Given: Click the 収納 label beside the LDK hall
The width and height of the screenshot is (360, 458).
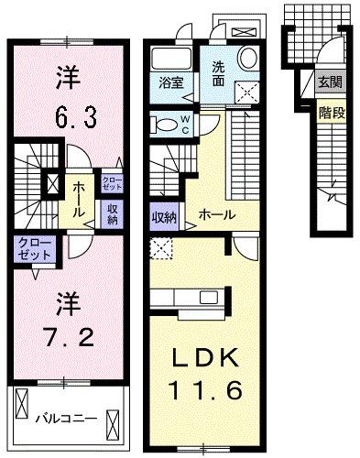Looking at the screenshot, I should (164, 217).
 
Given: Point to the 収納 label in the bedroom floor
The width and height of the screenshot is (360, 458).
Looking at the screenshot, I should (113, 213).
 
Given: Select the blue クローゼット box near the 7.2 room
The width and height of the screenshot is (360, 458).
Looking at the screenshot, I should (33, 246).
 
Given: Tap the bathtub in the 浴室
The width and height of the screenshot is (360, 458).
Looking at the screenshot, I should (169, 62).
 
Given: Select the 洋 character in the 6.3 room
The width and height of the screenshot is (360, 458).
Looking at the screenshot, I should (67, 74).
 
